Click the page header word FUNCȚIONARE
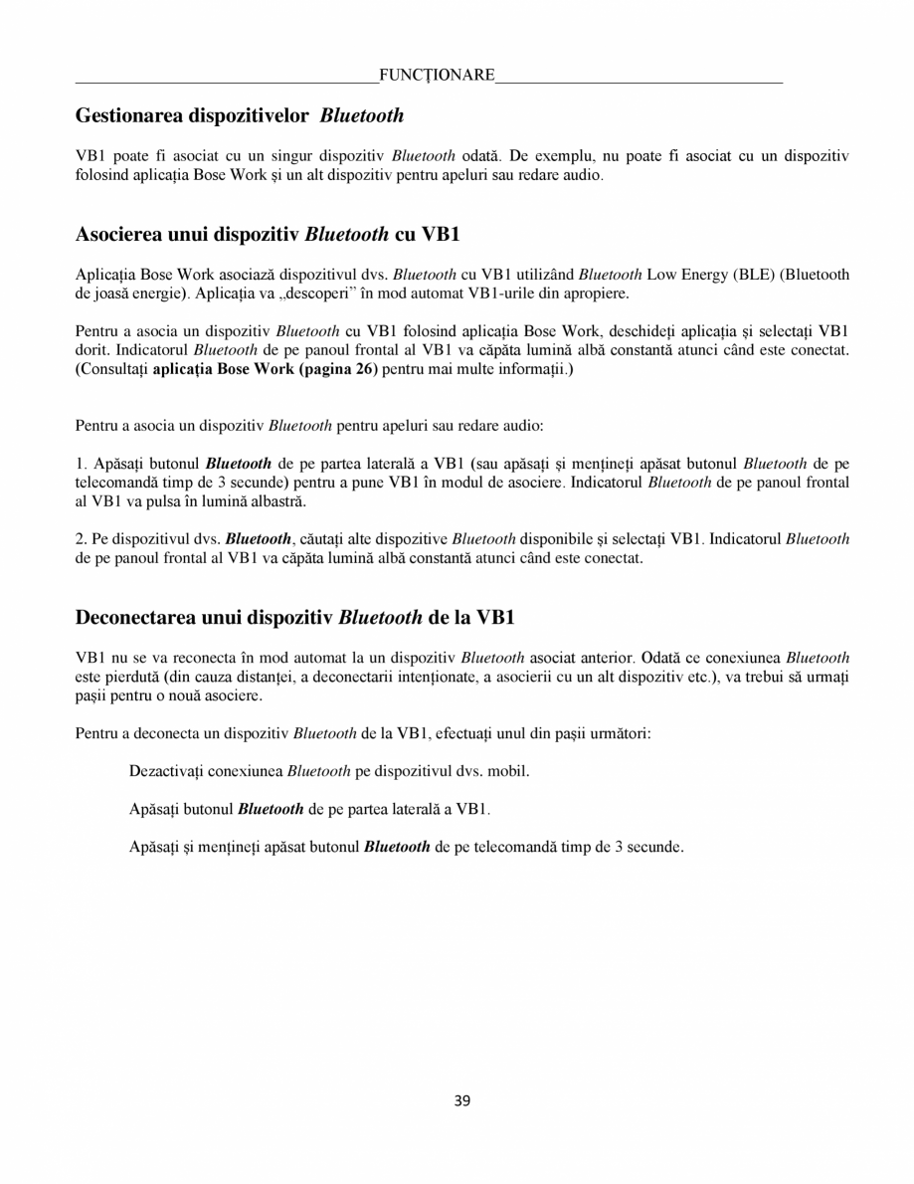click(x=437, y=76)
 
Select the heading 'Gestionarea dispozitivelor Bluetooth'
click(x=240, y=115)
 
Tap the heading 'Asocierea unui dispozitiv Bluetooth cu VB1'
click(x=268, y=236)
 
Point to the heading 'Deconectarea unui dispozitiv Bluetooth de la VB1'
click(x=294, y=617)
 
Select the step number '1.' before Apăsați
click(x=82, y=464)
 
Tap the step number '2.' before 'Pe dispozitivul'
click(x=82, y=539)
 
